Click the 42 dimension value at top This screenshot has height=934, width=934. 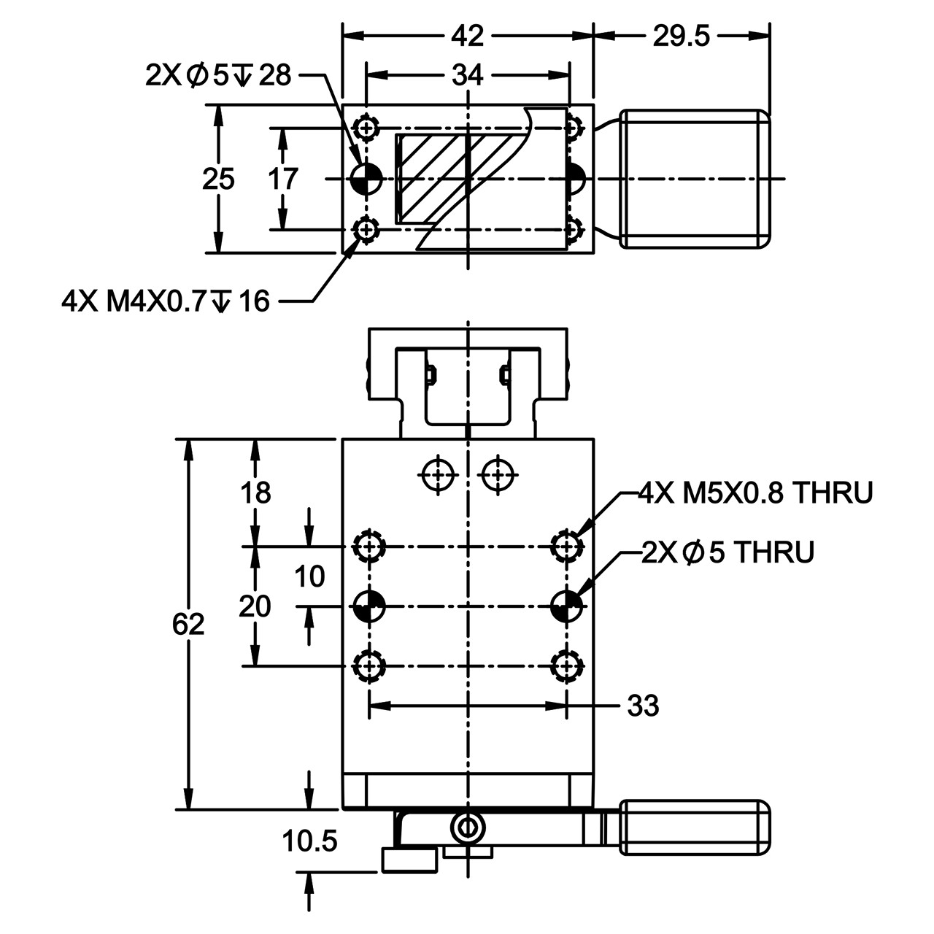pyautogui.click(x=467, y=36)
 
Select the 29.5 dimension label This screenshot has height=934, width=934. pyautogui.click(x=681, y=36)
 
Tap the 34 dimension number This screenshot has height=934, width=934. pyautogui.click(x=467, y=75)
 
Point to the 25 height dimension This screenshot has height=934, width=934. pyautogui.click(x=218, y=179)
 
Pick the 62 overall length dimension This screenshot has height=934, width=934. pyautogui.click(x=188, y=624)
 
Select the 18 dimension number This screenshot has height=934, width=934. pyautogui.click(x=255, y=493)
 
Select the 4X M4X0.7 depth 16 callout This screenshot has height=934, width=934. pyautogui.click(x=166, y=301)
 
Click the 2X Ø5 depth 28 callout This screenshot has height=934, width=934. pyautogui.click(x=218, y=75)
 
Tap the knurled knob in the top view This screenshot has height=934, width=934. pyautogui.click(x=695, y=179)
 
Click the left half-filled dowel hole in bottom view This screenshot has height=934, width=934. pyautogui.click(x=369, y=606)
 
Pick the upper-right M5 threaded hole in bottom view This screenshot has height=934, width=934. pyautogui.click(x=567, y=547)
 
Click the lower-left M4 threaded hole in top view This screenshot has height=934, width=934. pyautogui.click(x=366, y=229)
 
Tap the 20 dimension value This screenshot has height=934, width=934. pyautogui.click(x=255, y=606)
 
